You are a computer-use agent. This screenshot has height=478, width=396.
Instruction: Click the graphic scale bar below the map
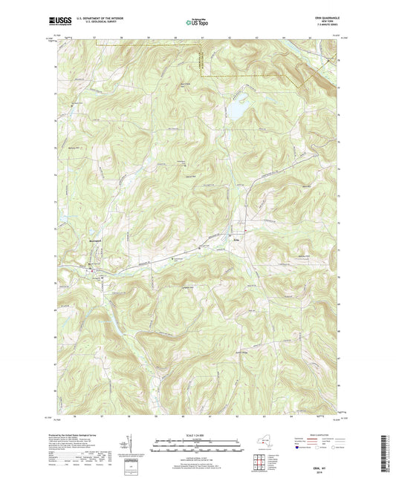(198, 444)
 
